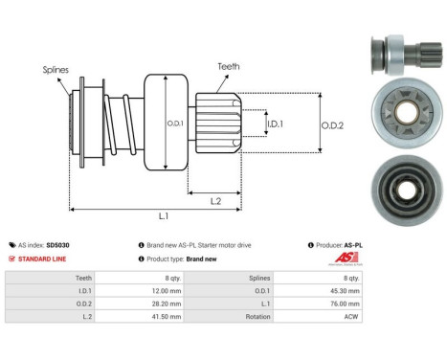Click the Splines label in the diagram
coord(55,70)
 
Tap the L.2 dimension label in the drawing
coord(217,200)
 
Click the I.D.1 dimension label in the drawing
coord(274,124)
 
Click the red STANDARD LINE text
coord(43,259)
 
